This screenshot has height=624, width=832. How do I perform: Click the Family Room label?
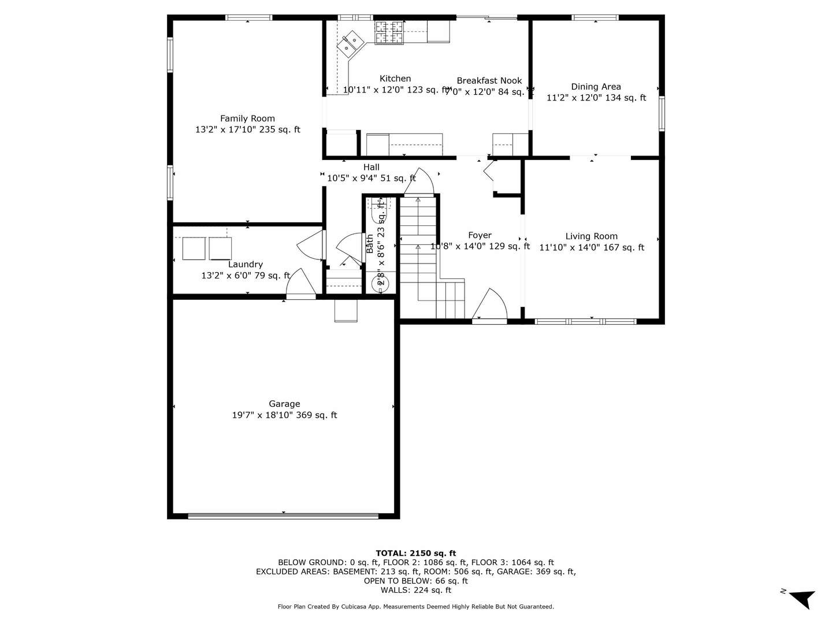(x=247, y=118)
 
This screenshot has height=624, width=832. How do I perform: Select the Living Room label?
(x=591, y=236)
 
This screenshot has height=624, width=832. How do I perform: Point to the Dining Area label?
(x=596, y=87)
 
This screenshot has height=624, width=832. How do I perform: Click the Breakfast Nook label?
(x=489, y=81)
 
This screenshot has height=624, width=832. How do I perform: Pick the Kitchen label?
(x=395, y=79)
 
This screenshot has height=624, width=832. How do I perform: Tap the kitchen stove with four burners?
(x=389, y=32)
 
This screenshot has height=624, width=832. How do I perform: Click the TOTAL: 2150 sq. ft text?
(x=415, y=553)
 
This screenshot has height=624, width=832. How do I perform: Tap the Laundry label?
(x=246, y=265)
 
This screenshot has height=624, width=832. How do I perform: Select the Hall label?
(x=372, y=168)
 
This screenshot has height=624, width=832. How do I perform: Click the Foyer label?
(x=480, y=235)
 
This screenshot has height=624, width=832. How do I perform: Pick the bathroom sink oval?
(x=380, y=284)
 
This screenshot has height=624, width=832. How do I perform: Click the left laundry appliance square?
(x=194, y=248)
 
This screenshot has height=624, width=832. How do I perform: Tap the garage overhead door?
(x=283, y=516)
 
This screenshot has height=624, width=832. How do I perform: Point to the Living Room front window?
(x=585, y=321)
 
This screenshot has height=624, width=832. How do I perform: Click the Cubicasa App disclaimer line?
(x=415, y=607)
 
